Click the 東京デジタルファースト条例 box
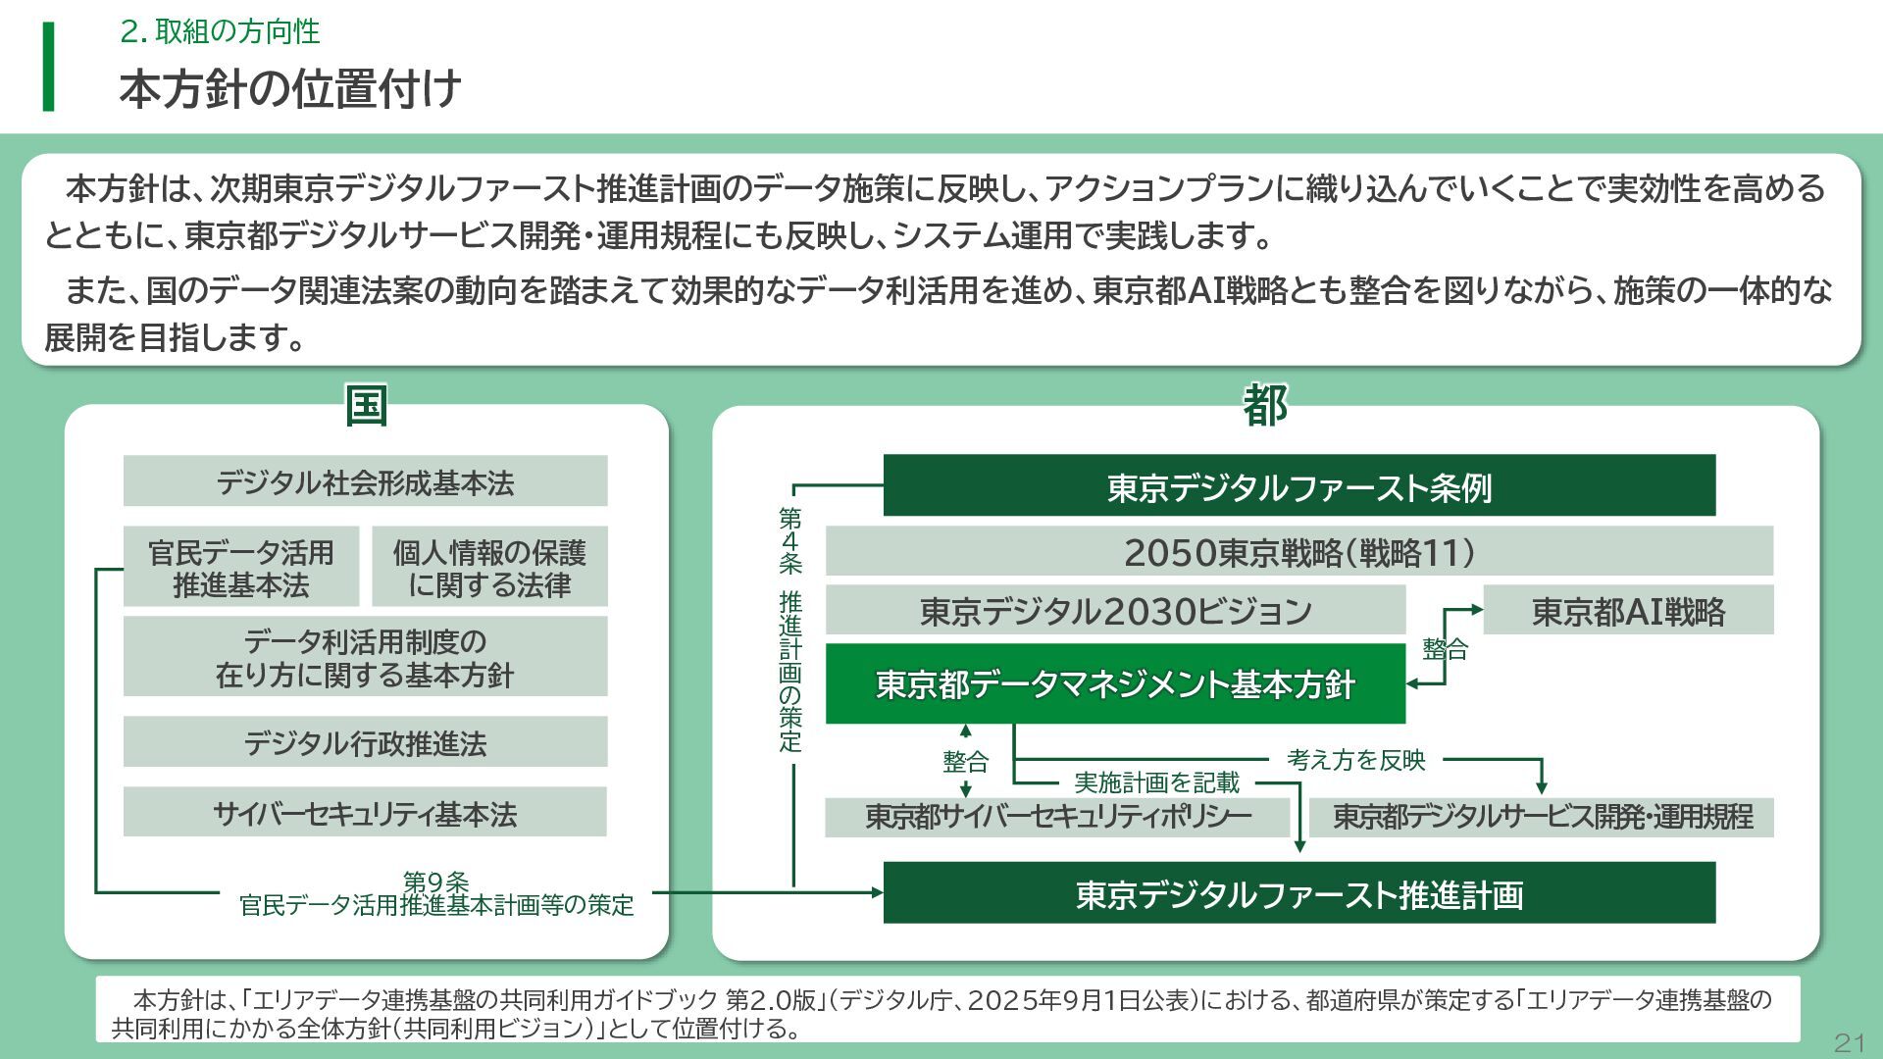1298,485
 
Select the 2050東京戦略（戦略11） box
1298,551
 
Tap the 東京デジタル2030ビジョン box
1115,611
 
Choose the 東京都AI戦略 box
1628,611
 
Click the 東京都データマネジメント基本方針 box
1115,683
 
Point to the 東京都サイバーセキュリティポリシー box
1057,817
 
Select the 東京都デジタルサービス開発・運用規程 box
1542,817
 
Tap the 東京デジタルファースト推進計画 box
1298,893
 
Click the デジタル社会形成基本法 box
365,481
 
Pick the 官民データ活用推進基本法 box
241,567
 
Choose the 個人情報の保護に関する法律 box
489,567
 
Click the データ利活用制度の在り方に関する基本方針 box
365,657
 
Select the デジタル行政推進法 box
365,742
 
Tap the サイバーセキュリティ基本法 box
365,812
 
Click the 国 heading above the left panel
367,405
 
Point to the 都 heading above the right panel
1265,405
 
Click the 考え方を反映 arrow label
1355,760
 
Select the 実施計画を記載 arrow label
1156,782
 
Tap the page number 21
1848,1041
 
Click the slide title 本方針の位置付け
290,88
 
